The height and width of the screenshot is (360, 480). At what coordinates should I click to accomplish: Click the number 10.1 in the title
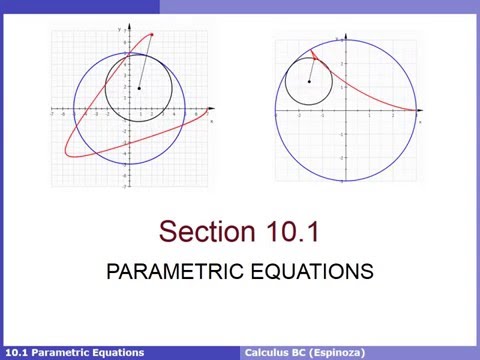tap(292, 232)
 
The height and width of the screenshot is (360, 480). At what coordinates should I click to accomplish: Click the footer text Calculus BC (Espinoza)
tap(305, 352)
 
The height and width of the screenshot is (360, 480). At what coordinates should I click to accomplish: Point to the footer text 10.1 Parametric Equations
tap(75, 352)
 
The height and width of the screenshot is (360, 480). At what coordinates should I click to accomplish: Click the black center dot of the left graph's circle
tap(139, 88)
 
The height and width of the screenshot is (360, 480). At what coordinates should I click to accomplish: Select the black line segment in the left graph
tap(146, 62)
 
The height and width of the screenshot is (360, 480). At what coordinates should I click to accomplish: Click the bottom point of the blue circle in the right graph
tap(346, 183)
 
